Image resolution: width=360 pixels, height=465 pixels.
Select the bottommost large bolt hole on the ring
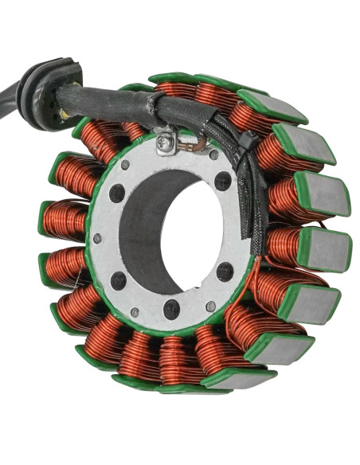[x=171, y=309]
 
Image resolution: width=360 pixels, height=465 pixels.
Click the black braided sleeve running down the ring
[x=256, y=199]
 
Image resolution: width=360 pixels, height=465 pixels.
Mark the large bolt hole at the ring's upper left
[x=117, y=193]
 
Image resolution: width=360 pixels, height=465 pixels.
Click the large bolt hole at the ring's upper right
[x=223, y=181]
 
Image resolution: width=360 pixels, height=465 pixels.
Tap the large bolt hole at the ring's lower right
[x=225, y=272]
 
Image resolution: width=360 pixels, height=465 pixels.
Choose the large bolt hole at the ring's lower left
[x=119, y=280]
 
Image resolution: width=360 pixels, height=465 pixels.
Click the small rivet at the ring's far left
[x=97, y=238]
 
